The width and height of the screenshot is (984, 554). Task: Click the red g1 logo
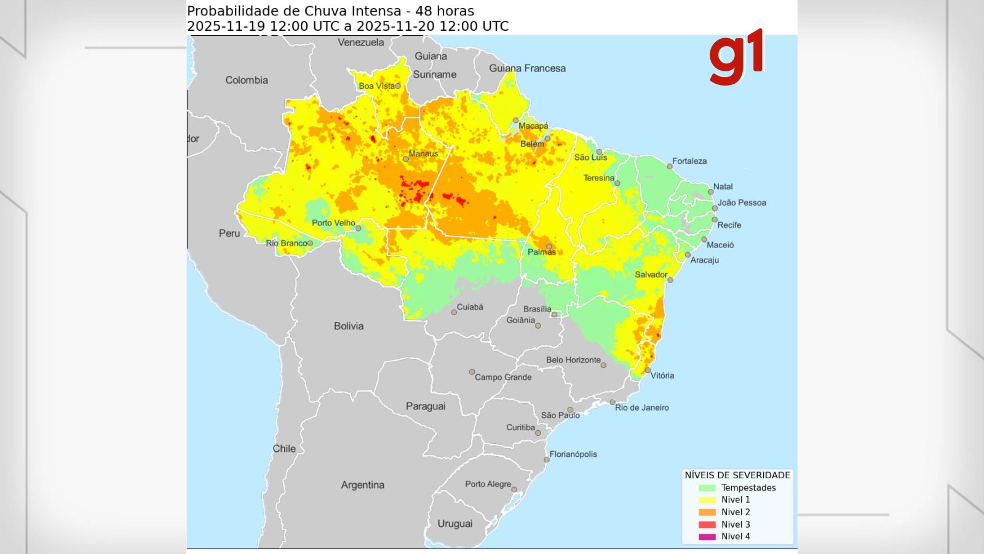pyautogui.click(x=736, y=57)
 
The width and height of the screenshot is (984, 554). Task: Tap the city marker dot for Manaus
pyautogui.click(x=406, y=159)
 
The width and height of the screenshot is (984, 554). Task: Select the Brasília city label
pyautogui.click(x=537, y=309)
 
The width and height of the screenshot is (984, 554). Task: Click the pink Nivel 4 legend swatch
pyautogui.click(x=707, y=537)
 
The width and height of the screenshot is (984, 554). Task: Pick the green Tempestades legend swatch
pyautogui.click(x=707, y=488)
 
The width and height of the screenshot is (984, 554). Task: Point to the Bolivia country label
pyautogui.click(x=349, y=326)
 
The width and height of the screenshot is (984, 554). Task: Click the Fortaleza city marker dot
pyautogui.click(x=670, y=166)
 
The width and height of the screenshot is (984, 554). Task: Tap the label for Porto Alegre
pyautogui.click(x=488, y=484)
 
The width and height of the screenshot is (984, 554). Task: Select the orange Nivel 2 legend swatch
pyautogui.click(x=707, y=512)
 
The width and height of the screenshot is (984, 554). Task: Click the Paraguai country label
pyautogui.click(x=426, y=406)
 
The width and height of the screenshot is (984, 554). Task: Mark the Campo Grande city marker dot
pyautogui.click(x=472, y=372)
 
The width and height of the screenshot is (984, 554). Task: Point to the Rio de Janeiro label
pyautogui.click(x=642, y=407)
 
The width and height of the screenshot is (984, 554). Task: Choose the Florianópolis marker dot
pyautogui.click(x=546, y=460)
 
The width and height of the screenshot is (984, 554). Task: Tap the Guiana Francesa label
pyautogui.click(x=527, y=68)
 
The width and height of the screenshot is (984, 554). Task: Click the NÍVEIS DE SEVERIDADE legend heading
pyautogui.click(x=737, y=475)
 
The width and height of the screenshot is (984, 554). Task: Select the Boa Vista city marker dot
pyautogui.click(x=398, y=86)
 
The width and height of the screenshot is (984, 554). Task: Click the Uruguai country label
pyautogui.click(x=455, y=524)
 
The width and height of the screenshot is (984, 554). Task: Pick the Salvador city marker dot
pyautogui.click(x=670, y=280)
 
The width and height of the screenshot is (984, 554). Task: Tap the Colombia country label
pyautogui.click(x=247, y=80)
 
